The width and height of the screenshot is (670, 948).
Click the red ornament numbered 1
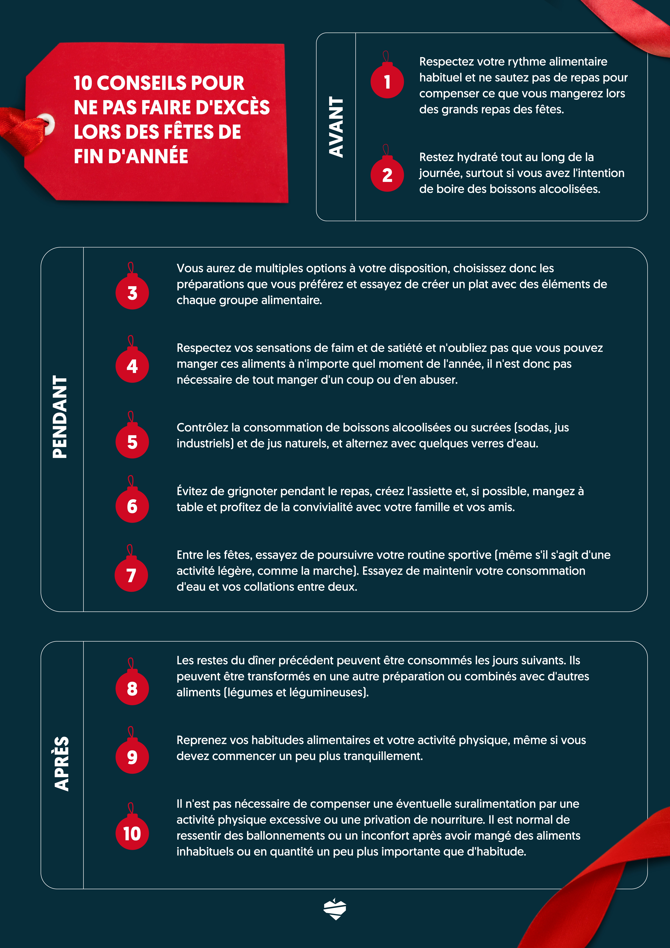coord(387,81)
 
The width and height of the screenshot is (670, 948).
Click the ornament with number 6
coord(132,506)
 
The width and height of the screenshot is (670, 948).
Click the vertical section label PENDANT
coord(60,417)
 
